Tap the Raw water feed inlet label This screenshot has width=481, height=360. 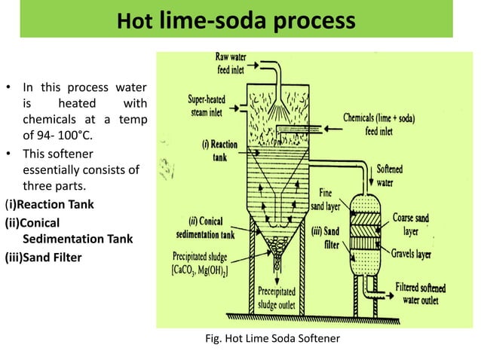tap(237, 62)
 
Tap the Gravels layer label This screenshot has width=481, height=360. tap(411, 255)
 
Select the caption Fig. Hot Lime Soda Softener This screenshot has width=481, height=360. tap(272, 338)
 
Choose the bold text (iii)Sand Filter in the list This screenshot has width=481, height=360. tap(42, 258)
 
